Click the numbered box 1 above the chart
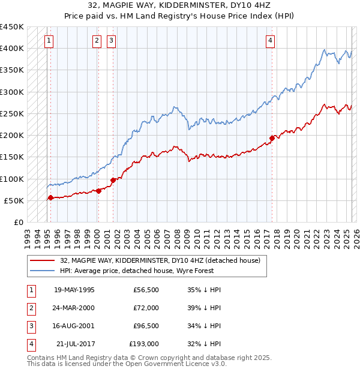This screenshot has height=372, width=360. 49,41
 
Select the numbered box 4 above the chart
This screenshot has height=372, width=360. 271,41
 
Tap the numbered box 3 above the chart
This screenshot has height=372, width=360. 112,41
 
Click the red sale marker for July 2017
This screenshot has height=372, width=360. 272,138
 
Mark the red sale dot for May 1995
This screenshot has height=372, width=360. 50,197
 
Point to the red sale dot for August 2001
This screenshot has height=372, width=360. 113,180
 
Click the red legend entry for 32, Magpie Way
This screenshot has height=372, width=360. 160,261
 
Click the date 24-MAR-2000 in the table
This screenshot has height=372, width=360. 74,308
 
